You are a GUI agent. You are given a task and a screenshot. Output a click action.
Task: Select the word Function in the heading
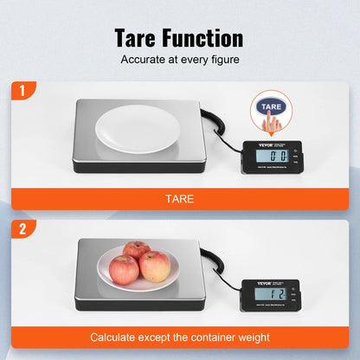202,38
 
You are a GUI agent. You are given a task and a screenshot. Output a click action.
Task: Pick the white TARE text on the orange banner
179,199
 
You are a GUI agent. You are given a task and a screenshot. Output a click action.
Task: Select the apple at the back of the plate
136,251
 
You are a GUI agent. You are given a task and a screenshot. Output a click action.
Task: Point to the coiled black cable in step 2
210,260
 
